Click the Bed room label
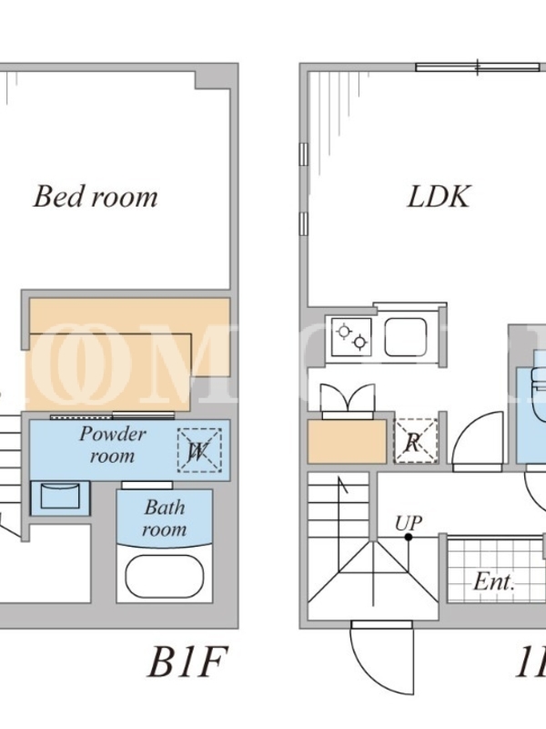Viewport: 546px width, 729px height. (96, 197)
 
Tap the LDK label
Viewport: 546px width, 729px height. (438, 197)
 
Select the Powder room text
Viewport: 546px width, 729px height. (113, 444)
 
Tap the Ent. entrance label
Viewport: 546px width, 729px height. (494, 582)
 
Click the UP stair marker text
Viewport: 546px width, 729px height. (409, 523)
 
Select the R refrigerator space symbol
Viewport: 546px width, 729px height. (414, 443)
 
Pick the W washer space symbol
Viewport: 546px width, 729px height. (198, 449)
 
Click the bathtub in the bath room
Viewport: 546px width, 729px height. (164, 576)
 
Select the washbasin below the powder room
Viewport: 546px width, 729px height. (60, 497)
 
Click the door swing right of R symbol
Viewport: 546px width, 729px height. (478, 439)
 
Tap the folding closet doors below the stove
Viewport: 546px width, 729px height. (347, 400)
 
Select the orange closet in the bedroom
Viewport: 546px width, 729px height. (127, 351)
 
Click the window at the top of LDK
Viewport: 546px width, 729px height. (478, 66)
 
